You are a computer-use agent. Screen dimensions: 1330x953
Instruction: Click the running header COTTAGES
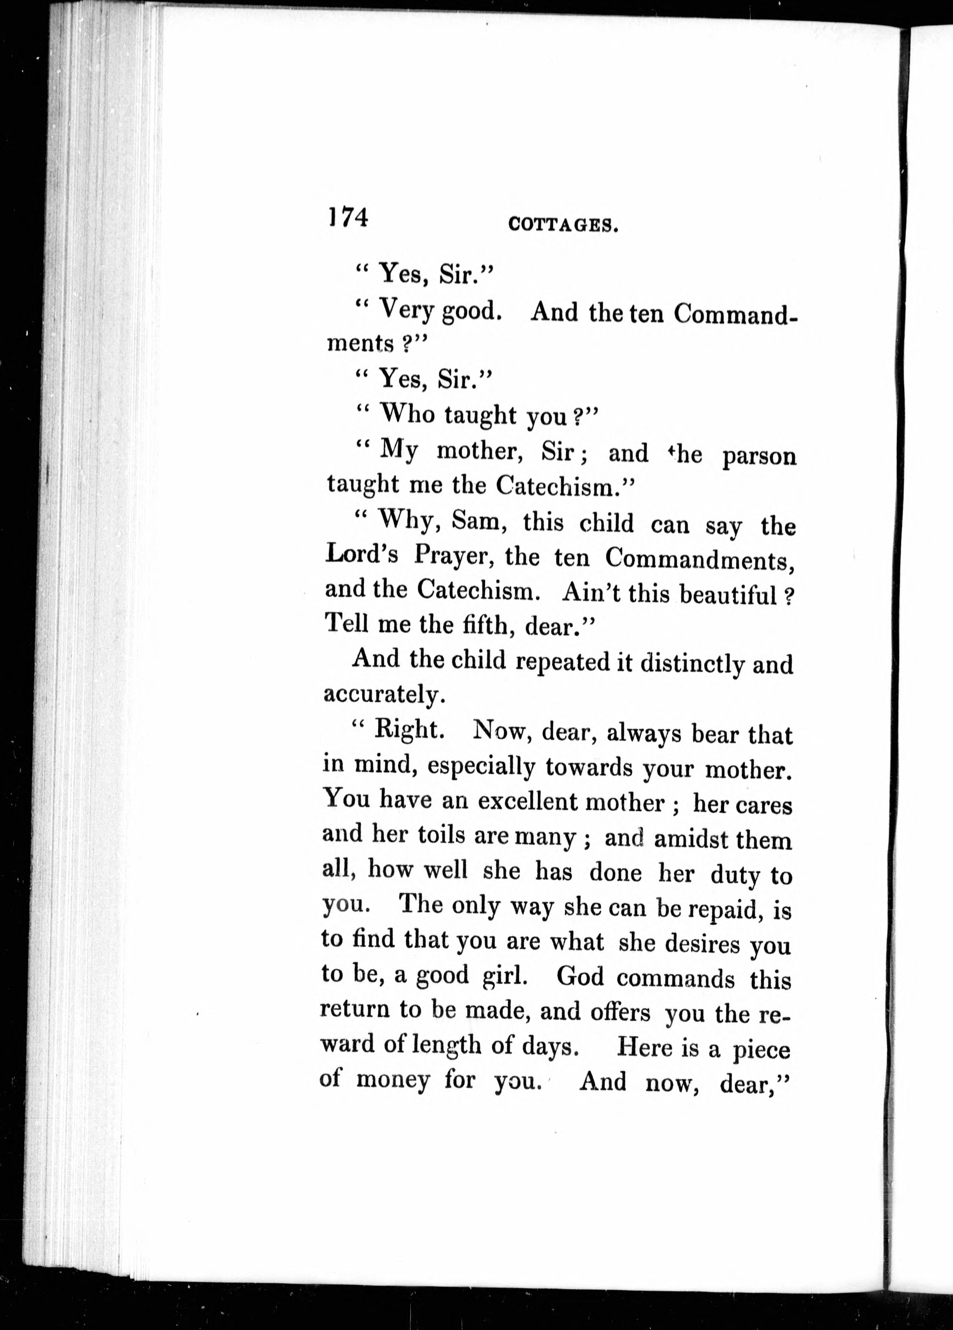click(563, 225)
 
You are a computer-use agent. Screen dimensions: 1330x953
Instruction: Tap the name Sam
click(478, 521)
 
